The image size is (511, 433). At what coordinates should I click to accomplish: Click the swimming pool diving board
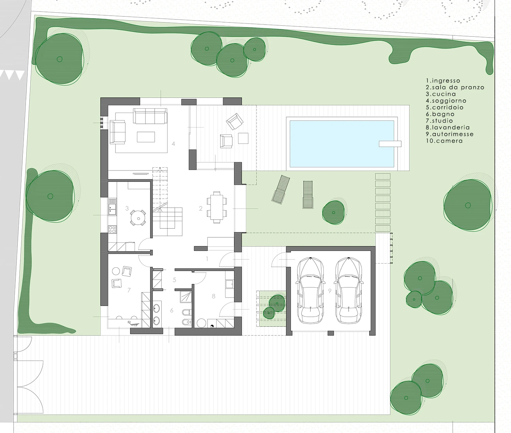[390, 144]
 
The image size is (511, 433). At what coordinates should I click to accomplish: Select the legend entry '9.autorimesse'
[450, 134]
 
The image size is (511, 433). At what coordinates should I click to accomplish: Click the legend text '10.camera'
[444, 141]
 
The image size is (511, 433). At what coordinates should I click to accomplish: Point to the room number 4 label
[173, 144]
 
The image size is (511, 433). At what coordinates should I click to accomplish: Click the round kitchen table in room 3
[138, 218]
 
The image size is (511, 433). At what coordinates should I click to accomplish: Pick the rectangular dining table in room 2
[217, 207]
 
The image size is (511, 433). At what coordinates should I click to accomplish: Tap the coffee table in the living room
[146, 137]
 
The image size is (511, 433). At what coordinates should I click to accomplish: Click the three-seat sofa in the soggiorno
[150, 116]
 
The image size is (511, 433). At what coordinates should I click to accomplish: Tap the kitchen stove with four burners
[112, 229]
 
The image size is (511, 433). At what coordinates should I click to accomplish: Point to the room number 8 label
[214, 296]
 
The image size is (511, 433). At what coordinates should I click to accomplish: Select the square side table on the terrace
[243, 138]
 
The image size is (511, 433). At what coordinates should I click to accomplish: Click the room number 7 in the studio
[129, 290]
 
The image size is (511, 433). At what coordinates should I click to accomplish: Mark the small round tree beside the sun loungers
[333, 212]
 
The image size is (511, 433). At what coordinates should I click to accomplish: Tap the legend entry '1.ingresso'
[443, 81]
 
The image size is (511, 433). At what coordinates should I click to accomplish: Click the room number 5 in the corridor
[174, 280]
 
